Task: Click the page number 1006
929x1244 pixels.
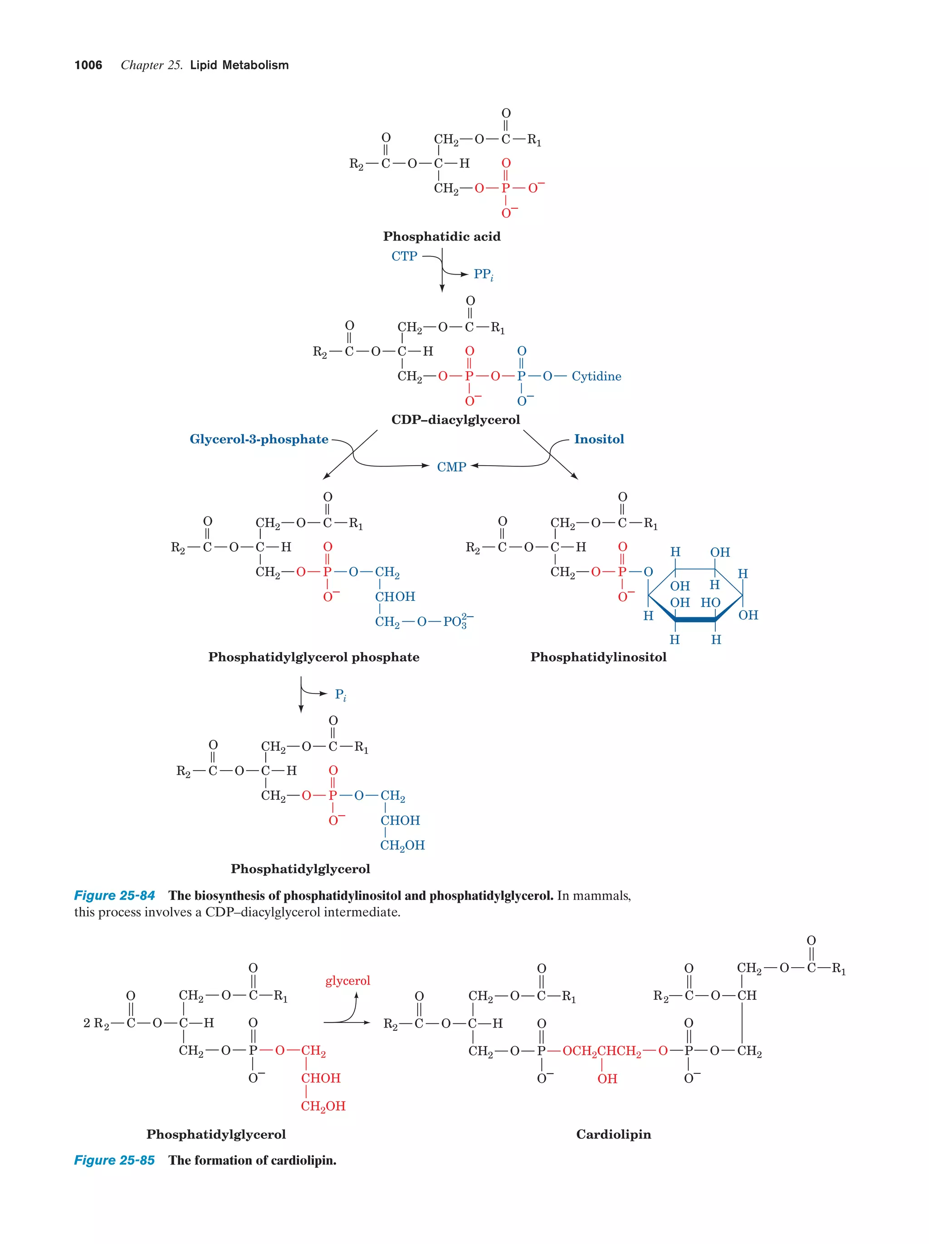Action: (x=88, y=65)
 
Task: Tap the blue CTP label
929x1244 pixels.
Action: (x=404, y=256)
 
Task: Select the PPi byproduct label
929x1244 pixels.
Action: (x=483, y=275)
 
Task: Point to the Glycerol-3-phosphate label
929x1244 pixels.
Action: (x=259, y=439)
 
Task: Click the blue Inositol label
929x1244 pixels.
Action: (x=598, y=439)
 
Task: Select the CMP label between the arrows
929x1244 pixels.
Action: (x=451, y=467)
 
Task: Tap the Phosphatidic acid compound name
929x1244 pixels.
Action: (x=442, y=236)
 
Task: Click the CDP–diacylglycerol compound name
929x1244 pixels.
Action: (x=455, y=419)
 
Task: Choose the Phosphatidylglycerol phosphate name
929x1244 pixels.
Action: (x=313, y=657)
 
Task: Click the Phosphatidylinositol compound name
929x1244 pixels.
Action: (x=598, y=657)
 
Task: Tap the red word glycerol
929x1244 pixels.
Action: (x=347, y=981)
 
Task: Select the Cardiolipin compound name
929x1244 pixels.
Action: (x=613, y=1134)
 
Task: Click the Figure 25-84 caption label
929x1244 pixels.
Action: (x=114, y=895)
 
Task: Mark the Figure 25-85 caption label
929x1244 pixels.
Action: (x=114, y=1160)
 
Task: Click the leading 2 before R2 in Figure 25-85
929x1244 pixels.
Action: (x=87, y=1023)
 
